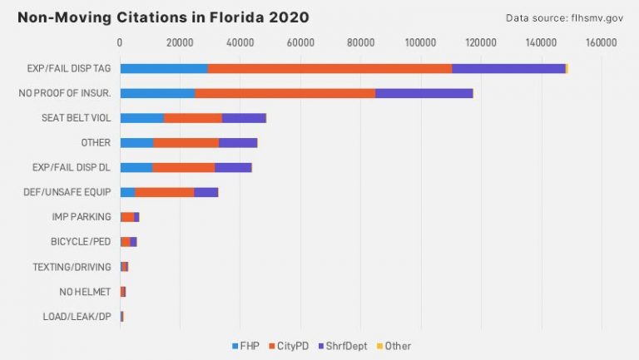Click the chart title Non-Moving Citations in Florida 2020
point(163,17)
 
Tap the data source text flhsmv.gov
point(563,17)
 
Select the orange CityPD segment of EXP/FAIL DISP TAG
point(329,68)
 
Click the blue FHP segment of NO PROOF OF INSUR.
point(157,93)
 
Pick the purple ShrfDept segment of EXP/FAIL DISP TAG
point(508,68)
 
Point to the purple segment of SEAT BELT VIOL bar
point(244,118)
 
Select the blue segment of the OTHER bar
point(136,143)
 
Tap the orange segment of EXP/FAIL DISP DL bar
point(184,167)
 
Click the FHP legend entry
point(246,346)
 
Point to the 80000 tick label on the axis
point(360,42)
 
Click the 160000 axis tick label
point(600,42)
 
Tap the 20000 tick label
point(180,42)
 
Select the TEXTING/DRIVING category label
point(72,267)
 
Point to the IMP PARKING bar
point(129,217)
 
